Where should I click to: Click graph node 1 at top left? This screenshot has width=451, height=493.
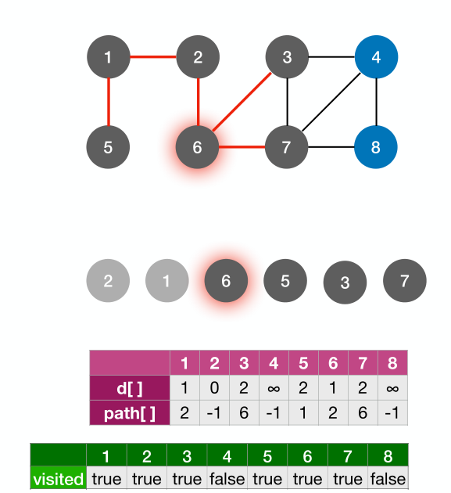(x=108, y=56)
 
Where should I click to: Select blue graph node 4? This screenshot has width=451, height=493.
(x=377, y=56)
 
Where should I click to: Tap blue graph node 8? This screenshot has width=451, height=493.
(x=377, y=146)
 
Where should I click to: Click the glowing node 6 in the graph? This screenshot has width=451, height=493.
(x=198, y=146)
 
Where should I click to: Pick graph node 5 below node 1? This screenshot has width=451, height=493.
(x=108, y=146)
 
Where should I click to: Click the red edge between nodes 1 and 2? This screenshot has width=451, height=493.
(x=152, y=56)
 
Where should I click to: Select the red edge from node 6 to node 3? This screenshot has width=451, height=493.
(x=243, y=101)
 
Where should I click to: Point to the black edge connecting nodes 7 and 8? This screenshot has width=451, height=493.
(x=331, y=146)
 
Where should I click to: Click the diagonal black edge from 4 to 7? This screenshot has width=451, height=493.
(x=332, y=101)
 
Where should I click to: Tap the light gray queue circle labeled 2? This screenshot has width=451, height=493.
(x=108, y=281)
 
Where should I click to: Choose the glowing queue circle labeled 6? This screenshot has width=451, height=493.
(x=226, y=281)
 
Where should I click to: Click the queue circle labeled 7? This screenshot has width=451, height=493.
(x=404, y=281)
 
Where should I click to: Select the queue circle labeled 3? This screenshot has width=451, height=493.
(x=345, y=282)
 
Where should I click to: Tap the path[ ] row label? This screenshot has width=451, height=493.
(x=130, y=412)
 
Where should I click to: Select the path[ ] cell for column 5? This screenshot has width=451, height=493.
(x=303, y=412)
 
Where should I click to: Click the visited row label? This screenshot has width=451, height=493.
(x=58, y=478)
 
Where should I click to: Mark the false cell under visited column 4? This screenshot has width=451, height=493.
(x=227, y=478)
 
